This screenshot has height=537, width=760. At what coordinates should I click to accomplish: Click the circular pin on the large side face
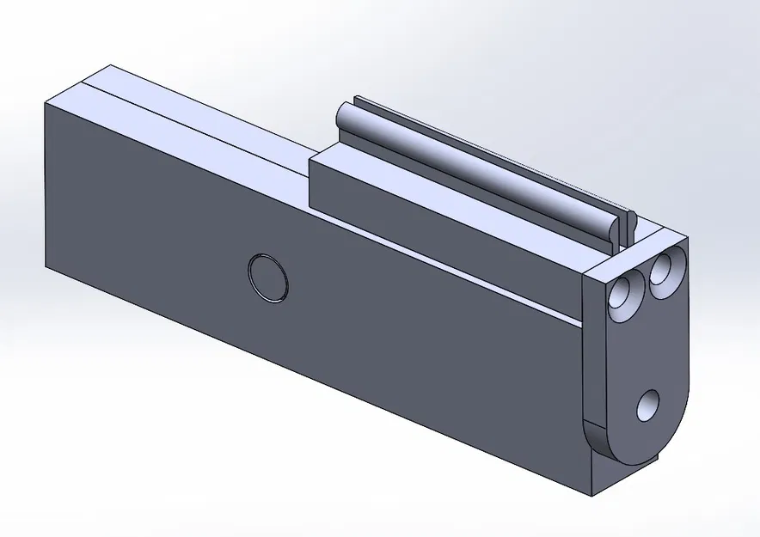[x=267, y=278]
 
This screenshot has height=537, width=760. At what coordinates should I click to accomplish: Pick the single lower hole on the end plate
[x=648, y=405]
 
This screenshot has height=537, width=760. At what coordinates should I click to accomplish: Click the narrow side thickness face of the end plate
[x=595, y=361]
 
